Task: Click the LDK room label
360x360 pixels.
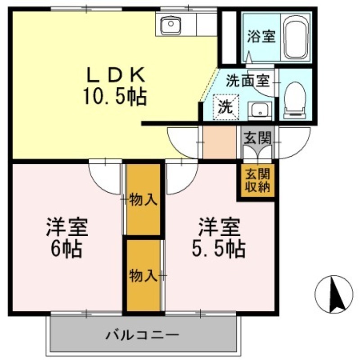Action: pos(116,75)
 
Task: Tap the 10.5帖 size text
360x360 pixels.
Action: pos(115,97)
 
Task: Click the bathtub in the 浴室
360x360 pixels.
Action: pos(295,37)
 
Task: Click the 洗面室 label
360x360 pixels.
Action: pos(247,81)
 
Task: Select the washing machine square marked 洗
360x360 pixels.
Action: pos(226,107)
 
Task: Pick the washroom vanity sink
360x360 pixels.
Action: pos(260,111)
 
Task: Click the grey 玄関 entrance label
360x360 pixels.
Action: pos(257,138)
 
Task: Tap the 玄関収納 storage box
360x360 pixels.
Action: pos(257,180)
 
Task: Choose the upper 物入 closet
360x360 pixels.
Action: pos(143,199)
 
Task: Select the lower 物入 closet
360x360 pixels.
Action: pos(143,275)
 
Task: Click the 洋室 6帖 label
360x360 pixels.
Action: pos(67,238)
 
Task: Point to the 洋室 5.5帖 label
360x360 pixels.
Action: pos(219,238)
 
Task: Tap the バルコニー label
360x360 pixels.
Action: pos(142,335)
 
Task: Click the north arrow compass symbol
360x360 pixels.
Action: pos(334,294)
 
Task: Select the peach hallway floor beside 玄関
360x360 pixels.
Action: pos(220,142)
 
